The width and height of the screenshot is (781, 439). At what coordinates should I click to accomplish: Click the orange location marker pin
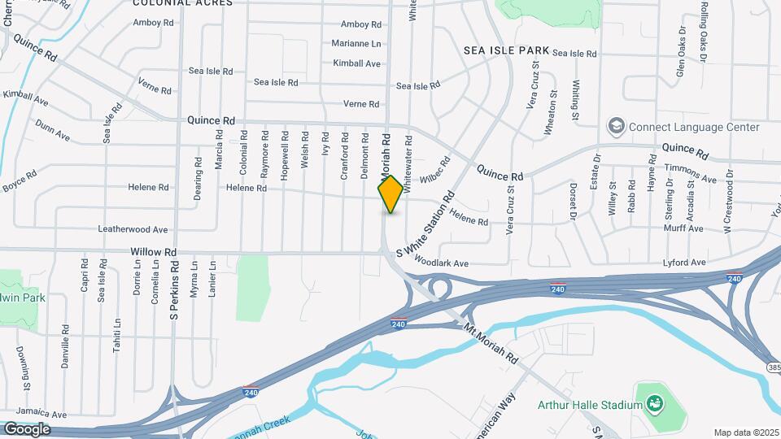(x=390, y=194)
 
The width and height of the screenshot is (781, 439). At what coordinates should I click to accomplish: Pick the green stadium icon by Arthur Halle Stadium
(x=653, y=404)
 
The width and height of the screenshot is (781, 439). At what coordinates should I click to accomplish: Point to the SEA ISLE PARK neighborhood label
(x=507, y=50)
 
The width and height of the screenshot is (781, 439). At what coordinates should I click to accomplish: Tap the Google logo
(x=27, y=429)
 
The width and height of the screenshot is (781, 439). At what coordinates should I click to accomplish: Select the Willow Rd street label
(x=154, y=253)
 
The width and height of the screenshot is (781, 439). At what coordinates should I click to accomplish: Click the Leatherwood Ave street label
(x=133, y=230)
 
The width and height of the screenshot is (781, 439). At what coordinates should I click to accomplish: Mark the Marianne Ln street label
(x=356, y=43)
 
